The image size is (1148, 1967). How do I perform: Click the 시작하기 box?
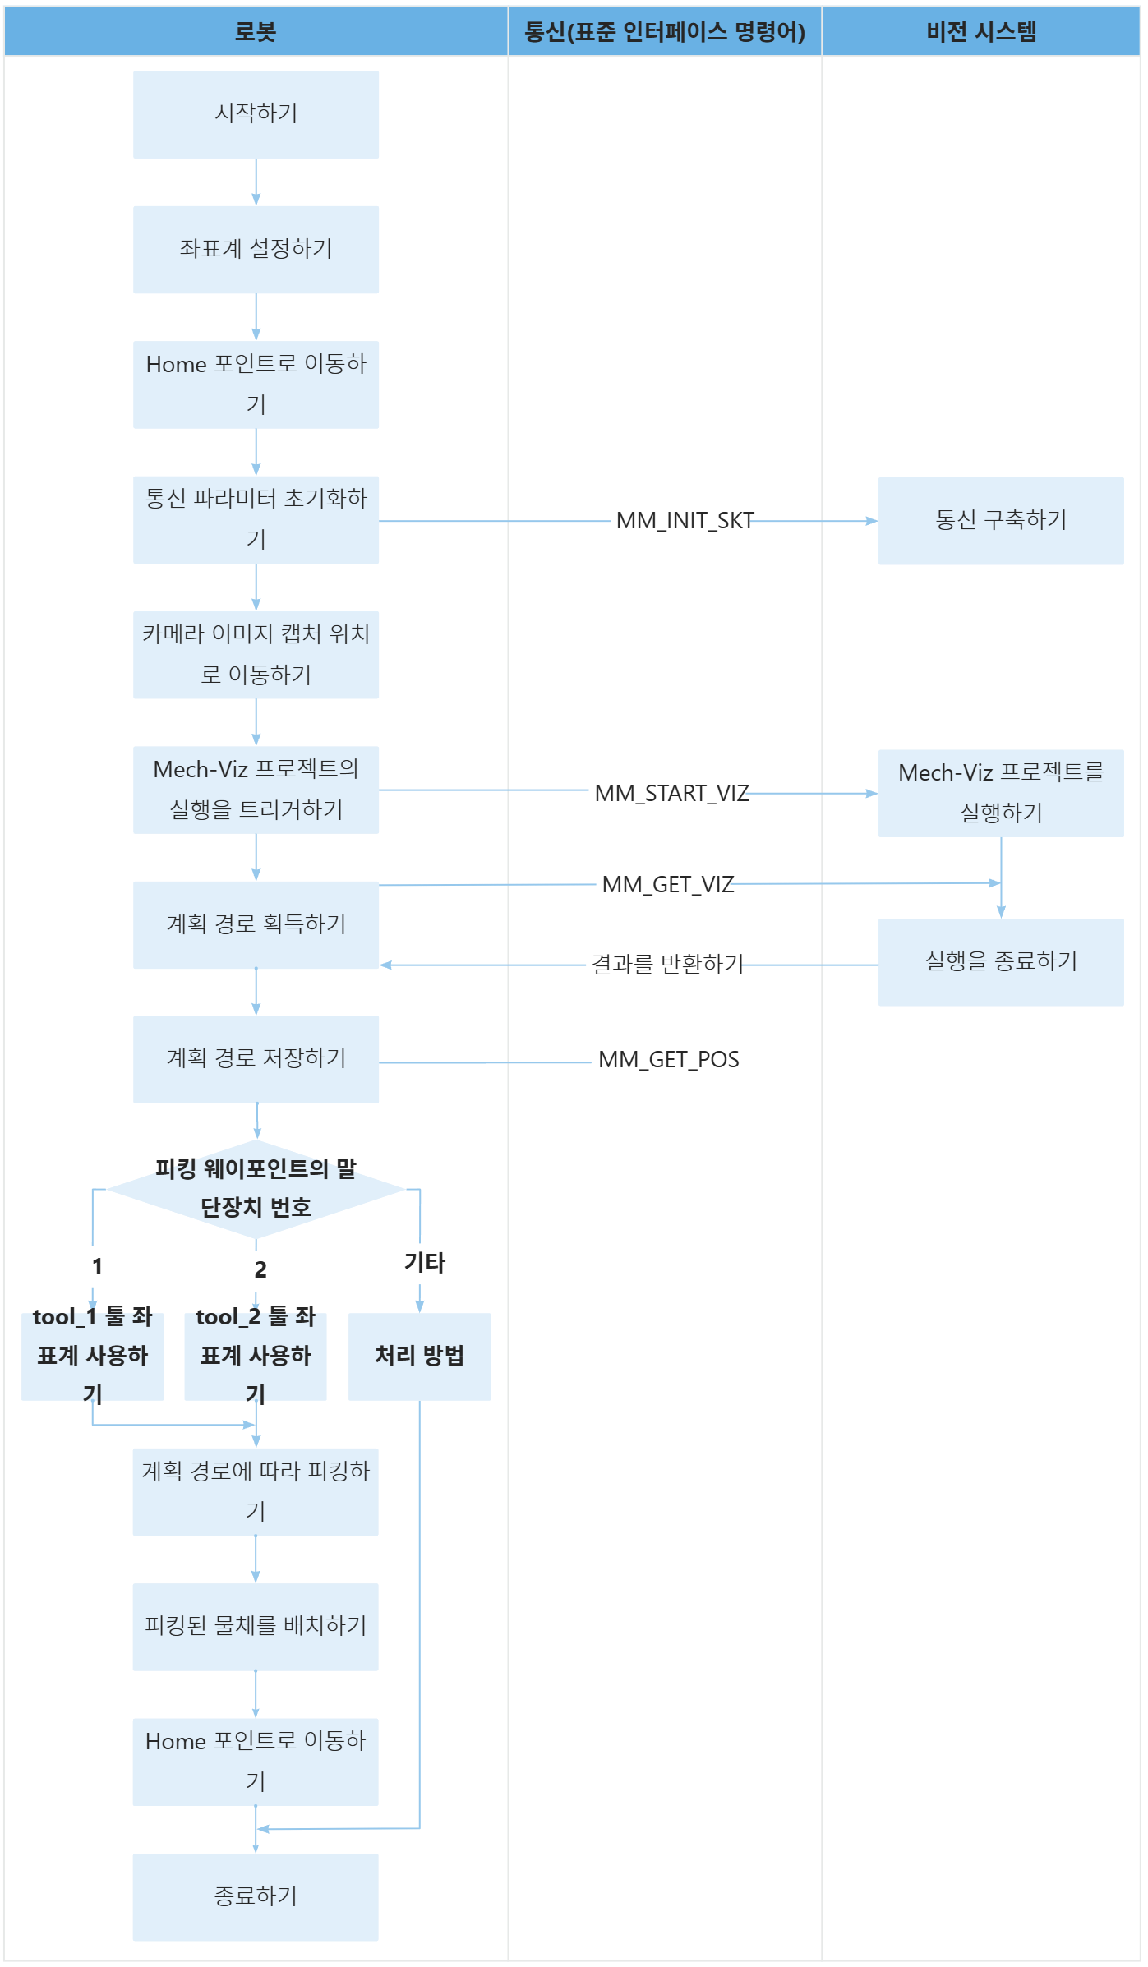[256, 114]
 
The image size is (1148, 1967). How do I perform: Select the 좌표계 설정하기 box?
[256, 249]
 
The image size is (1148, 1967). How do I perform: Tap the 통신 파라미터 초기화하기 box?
[256, 519]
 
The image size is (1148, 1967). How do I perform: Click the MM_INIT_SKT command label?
[685, 521]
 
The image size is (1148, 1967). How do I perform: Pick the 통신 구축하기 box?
[1000, 521]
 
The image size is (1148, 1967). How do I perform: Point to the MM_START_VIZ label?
[671, 794]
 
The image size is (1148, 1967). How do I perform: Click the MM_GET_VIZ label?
[667, 885]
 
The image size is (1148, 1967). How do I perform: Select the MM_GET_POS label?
[668, 1060]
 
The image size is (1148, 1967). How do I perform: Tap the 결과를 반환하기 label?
[667, 965]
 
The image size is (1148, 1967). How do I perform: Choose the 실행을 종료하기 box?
[1000, 961]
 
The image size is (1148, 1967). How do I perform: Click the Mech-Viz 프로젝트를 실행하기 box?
[1000, 793]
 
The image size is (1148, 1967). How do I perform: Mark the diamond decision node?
[256, 1189]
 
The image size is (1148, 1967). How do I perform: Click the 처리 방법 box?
[419, 1356]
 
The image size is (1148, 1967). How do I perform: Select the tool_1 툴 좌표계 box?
[92, 1356]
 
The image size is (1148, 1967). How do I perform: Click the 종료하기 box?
[256, 1896]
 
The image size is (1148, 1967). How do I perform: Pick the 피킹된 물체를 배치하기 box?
[256, 1626]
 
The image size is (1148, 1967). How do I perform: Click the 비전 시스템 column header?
[980, 32]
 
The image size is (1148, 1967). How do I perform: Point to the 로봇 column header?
[256, 32]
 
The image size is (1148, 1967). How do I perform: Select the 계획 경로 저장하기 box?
[256, 1059]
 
